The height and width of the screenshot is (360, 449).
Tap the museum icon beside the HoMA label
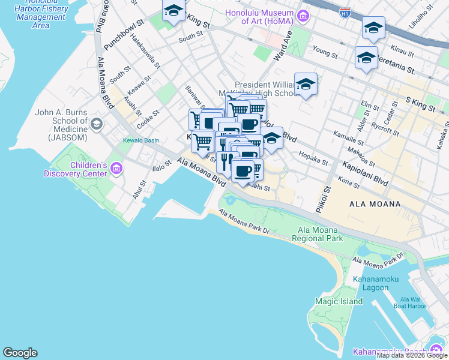pyautogui.click(x=304, y=15)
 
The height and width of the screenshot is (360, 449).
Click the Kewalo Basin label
pyautogui.click(x=141, y=140)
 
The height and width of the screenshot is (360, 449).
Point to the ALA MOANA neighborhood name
pyautogui.click(x=375, y=204)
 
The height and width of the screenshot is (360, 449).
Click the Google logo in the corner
pyautogui.click(x=20, y=353)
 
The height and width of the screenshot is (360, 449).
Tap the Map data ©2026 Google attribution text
pyautogui.click(x=412, y=355)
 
